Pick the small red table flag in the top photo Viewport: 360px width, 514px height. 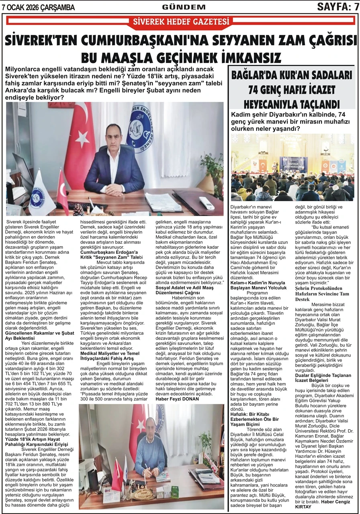(x=62, y=192)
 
